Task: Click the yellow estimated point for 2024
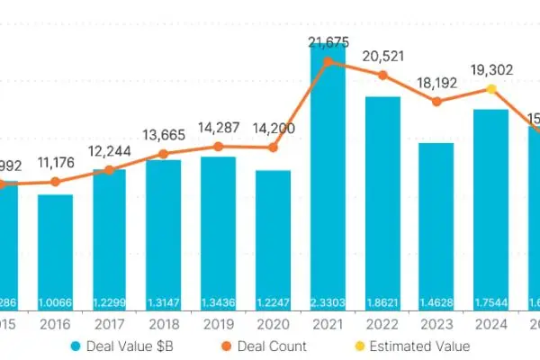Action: [x=491, y=89]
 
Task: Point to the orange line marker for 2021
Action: [x=328, y=61]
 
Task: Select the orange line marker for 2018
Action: [x=163, y=154]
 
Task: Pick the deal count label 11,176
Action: [x=57, y=163]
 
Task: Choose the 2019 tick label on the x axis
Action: [x=219, y=322]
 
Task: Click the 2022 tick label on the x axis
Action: [x=382, y=322]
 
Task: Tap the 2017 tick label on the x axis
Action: [x=110, y=322]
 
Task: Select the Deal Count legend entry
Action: [x=287, y=346]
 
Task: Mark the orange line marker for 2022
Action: [x=382, y=75]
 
